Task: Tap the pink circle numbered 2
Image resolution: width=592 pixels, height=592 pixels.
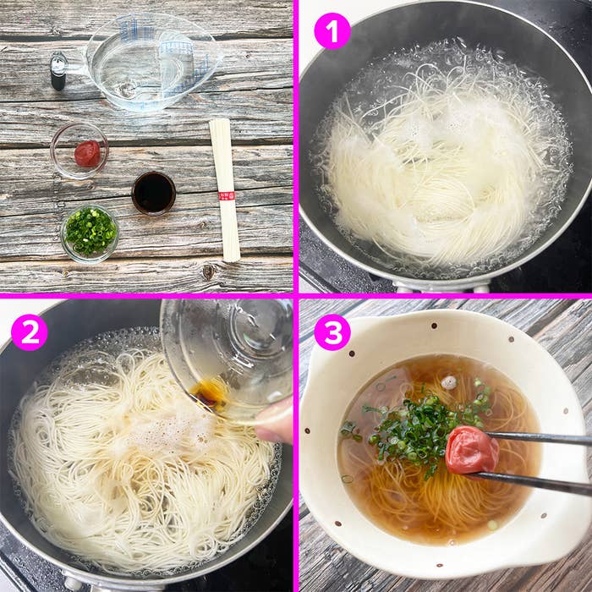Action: pyautogui.click(x=29, y=332)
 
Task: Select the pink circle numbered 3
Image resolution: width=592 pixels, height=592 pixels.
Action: pyautogui.click(x=332, y=332)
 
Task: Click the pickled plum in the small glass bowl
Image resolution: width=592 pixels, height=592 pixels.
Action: pyautogui.click(x=86, y=153)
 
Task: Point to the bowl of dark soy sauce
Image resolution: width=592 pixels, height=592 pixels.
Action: pyautogui.click(x=153, y=193)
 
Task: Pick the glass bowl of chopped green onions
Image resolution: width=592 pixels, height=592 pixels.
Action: pyautogui.click(x=90, y=232)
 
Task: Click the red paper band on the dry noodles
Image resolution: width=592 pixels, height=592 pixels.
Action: pyautogui.click(x=226, y=195)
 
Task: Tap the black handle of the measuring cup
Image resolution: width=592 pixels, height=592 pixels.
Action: pyautogui.click(x=58, y=71)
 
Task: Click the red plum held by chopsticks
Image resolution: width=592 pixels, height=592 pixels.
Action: pyautogui.click(x=470, y=449)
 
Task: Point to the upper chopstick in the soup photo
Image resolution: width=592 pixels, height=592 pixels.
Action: pyautogui.click(x=541, y=438)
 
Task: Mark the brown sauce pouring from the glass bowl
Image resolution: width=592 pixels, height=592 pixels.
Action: pyautogui.click(x=210, y=392)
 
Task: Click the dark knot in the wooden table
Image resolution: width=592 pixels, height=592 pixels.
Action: pyautogui.click(x=207, y=271)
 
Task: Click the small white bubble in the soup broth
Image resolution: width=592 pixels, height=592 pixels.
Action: pyautogui.click(x=449, y=382)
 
